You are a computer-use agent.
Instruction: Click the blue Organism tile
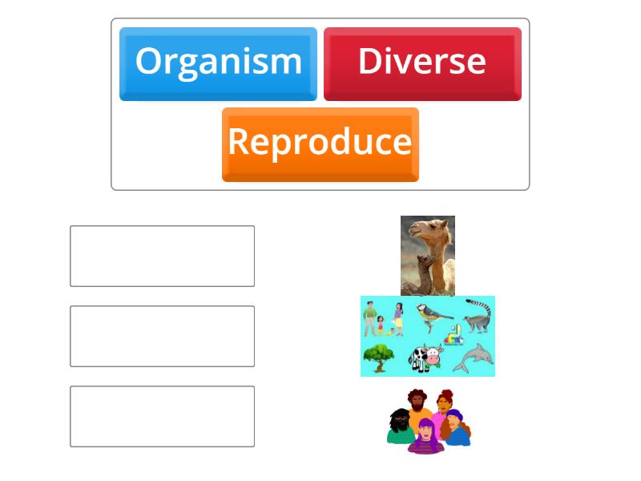coord(218,63)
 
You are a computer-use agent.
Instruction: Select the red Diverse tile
coord(422,63)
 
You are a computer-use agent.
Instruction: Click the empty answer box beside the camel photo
coord(162,256)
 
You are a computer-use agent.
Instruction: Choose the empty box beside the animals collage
coord(162,336)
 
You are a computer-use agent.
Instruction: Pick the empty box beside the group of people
coord(162,416)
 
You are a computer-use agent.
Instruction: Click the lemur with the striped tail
coord(479,317)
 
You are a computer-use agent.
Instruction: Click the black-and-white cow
coord(425,357)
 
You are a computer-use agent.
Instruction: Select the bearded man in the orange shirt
coord(416,404)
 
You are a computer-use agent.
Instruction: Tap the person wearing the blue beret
coord(455,426)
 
